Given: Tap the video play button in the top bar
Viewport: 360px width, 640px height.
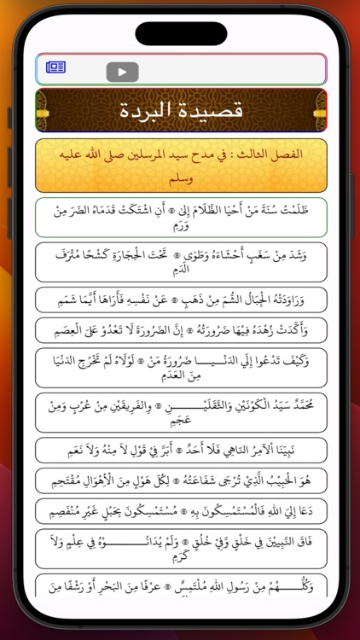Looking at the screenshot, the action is (x=122, y=72).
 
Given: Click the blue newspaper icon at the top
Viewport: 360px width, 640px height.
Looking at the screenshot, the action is (x=56, y=67).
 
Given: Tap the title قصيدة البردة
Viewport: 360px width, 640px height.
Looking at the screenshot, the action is (x=180, y=110).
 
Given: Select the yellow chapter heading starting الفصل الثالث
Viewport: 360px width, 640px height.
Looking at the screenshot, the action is (x=180, y=165).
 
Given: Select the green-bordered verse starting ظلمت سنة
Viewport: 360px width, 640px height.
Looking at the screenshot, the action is (x=180, y=217).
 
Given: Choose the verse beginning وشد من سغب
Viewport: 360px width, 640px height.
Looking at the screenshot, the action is (x=180, y=261).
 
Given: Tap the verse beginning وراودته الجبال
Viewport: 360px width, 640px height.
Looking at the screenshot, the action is (x=180, y=300).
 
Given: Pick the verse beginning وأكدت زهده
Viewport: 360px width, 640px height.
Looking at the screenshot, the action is (x=180, y=329).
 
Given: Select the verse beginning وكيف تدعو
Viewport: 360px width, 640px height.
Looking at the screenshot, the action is (x=180, y=367).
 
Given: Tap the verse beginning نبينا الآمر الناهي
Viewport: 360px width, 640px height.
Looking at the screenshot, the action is (x=180, y=450).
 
